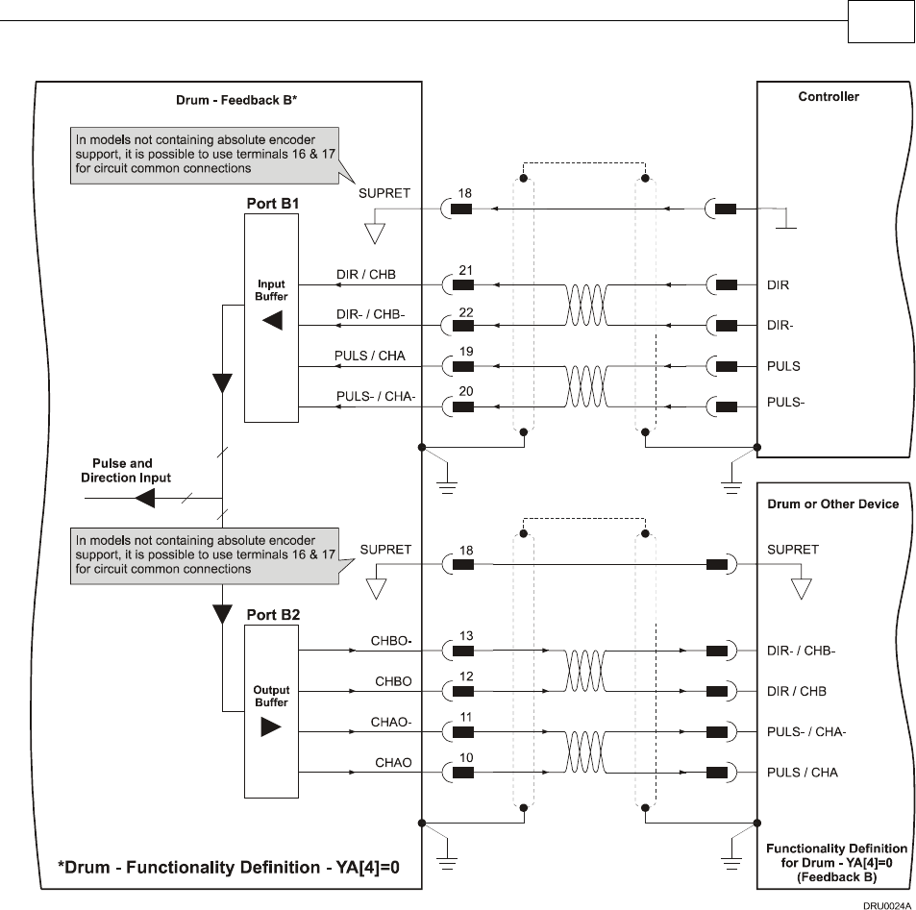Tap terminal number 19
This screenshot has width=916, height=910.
coord(464,352)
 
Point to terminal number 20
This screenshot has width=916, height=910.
coord(464,391)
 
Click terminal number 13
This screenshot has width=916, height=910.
coord(464,636)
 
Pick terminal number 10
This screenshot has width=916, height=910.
coord(464,758)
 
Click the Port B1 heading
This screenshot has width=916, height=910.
coord(270,203)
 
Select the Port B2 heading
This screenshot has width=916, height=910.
coord(270,614)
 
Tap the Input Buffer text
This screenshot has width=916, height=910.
coord(271,290)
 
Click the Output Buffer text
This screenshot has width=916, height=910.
coord(271,696)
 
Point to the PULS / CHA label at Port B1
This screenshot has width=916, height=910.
coord(370,356)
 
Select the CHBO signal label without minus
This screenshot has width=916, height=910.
coord(393,681)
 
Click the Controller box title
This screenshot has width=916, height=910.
coord(829,97)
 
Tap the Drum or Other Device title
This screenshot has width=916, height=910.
coord(832,504)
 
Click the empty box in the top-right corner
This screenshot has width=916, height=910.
coord(880,22)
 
